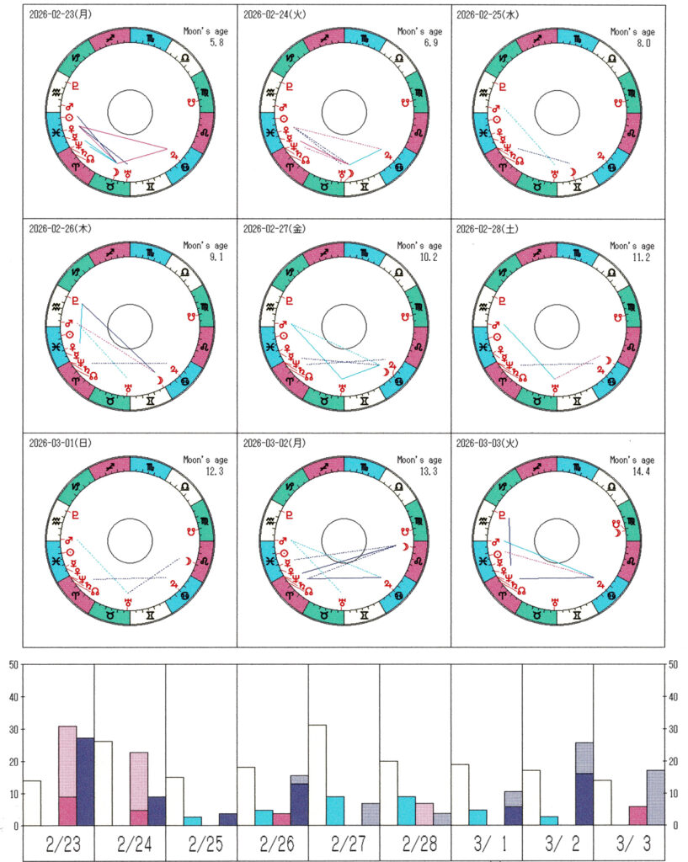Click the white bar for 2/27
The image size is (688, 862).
coord(317,774)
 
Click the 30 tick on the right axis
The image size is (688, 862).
coord(673,729)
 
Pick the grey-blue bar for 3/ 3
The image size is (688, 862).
coord(656,797)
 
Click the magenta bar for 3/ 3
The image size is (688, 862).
coord(638,816)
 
